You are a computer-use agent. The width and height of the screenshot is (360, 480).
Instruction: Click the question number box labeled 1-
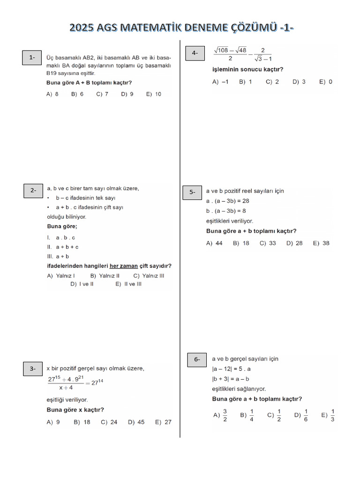point(32,58)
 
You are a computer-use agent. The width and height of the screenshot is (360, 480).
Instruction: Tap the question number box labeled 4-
point(195,53)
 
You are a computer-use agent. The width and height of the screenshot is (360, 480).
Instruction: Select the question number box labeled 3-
point(33,369)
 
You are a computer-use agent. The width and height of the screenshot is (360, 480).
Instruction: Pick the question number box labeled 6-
point(197,360)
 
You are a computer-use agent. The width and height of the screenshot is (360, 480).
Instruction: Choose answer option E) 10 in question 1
point(153,94)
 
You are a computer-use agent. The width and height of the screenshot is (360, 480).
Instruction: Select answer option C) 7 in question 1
point(102,94)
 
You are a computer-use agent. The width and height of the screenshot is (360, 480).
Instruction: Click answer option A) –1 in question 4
point(220,82)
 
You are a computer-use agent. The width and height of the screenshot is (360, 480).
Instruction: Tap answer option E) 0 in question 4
point(326,82)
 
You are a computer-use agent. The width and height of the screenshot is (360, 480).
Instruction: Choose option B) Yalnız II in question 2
point(105,276)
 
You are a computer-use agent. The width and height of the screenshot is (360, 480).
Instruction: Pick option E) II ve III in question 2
point(128,284)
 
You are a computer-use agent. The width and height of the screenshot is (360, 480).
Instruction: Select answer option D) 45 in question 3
point(136,422)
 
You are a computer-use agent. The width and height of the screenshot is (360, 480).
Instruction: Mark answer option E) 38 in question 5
point(322,243)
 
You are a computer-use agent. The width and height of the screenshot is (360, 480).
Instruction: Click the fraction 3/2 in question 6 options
point(225,415)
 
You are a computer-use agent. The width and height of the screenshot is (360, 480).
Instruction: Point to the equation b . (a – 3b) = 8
point(226,211)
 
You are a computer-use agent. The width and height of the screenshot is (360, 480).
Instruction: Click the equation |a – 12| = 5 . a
point(231,369)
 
